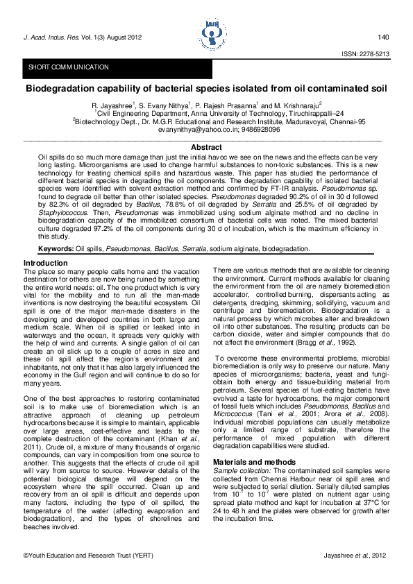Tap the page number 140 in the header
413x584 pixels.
pos(382,37)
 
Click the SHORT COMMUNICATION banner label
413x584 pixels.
pos(68,67)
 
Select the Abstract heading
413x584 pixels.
pos(206,148)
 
